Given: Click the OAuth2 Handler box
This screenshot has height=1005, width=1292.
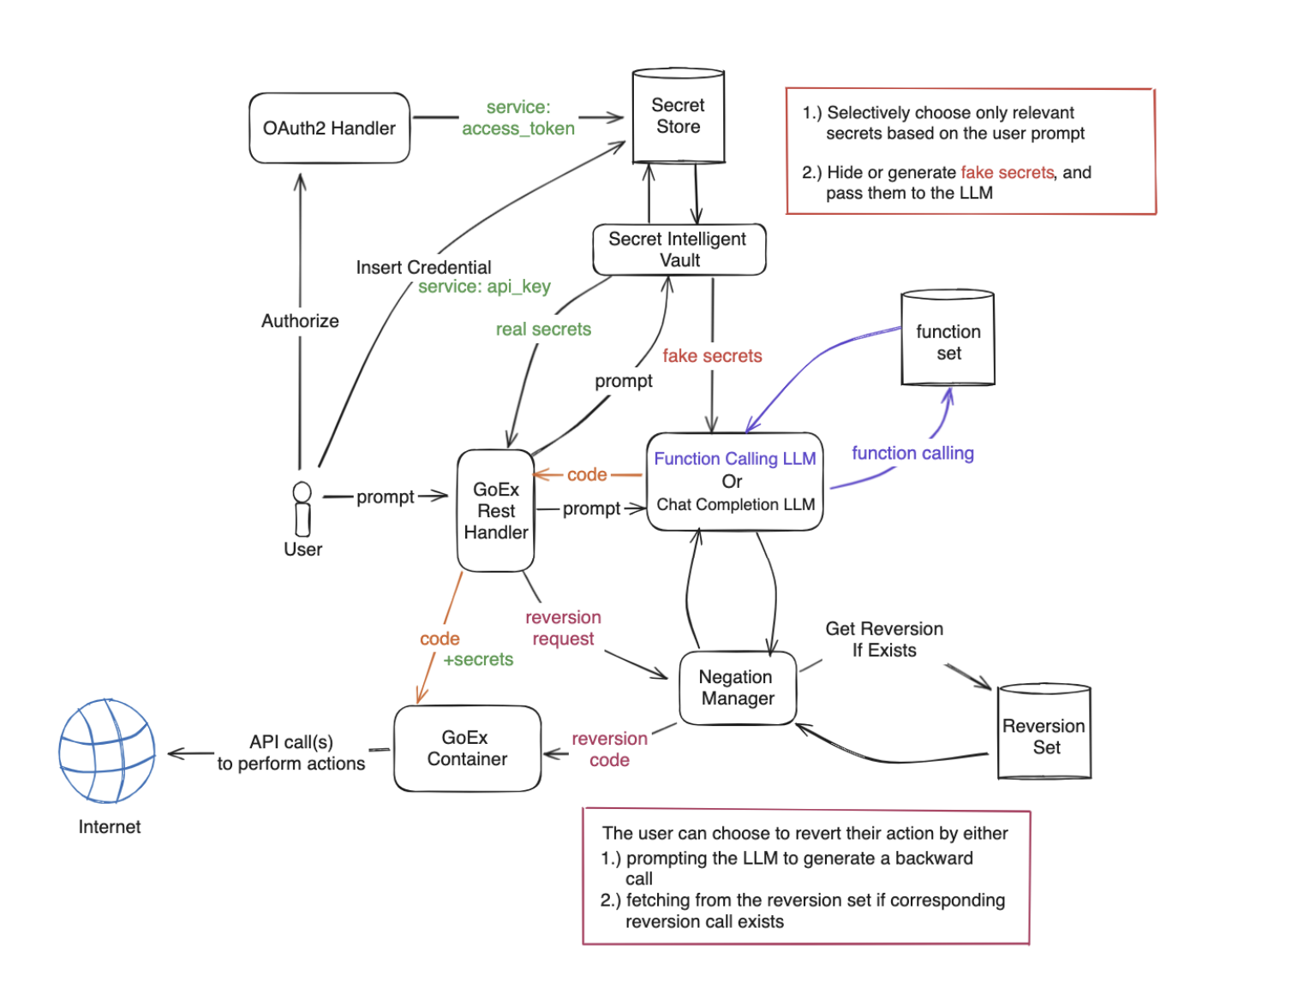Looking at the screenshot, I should (x=329, y=128).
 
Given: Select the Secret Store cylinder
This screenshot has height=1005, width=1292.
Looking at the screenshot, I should (x=678, y=116).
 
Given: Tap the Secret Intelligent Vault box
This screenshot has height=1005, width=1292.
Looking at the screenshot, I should (x=679, y=250).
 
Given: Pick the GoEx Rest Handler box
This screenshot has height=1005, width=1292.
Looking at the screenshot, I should (x=496, y=511).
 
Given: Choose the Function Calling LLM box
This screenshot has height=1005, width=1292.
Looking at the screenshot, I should (x=735, y=482).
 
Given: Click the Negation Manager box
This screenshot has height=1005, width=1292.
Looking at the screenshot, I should (x=737, y=688).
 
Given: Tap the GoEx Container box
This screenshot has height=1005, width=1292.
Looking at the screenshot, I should (x=467, y=748).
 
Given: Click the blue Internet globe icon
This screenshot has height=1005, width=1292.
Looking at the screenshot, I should (x=107, y=752).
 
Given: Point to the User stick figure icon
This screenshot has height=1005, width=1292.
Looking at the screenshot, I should (x=302, y=508).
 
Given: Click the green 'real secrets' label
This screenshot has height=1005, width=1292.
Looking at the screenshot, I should (x=543, y=330).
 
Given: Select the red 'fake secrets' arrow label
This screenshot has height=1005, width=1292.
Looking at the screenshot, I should (x=712, y=356).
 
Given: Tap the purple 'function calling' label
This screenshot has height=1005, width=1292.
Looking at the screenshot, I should (x=912, y=454).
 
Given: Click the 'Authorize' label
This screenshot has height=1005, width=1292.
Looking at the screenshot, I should (x=300, y=321).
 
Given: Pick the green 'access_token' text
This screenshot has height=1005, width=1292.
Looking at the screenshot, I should (x=518, y=129).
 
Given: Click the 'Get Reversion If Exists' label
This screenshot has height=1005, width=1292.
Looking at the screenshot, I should (x=884, y=639).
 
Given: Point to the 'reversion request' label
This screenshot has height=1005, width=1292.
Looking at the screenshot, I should (x=563, y=628).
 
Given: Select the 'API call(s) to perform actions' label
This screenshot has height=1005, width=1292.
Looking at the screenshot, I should (x=291, y=753).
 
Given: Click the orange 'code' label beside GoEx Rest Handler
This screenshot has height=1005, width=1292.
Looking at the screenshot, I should (x=587, y=475).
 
